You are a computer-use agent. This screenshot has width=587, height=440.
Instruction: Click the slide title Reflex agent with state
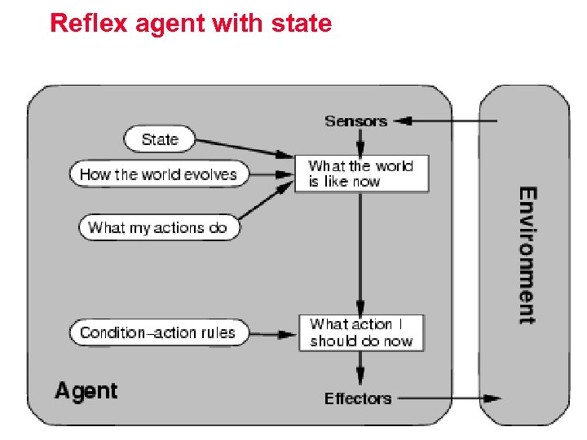[x=191, y=23]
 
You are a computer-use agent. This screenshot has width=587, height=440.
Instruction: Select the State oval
[x=160, y=139]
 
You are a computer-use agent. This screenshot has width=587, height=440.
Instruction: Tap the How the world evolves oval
[x=158, y=174]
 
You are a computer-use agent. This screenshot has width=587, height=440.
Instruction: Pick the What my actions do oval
[x=158, y=227]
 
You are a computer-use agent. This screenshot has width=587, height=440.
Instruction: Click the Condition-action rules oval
[x=157, y=332]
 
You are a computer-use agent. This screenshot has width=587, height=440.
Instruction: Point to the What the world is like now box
[x=361, y=174]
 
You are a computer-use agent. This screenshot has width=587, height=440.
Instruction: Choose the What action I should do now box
[x=361, y=333]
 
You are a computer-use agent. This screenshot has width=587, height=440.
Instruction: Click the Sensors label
[x=355, y=121]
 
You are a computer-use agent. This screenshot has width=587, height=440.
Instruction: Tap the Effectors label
[x=358, y=398]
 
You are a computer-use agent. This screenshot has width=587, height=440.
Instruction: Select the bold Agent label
[x=86, y=391]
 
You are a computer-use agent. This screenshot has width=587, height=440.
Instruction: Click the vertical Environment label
[x=527, y=256]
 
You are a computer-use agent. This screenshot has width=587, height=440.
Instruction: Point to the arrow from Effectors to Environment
[x=448, y=398]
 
